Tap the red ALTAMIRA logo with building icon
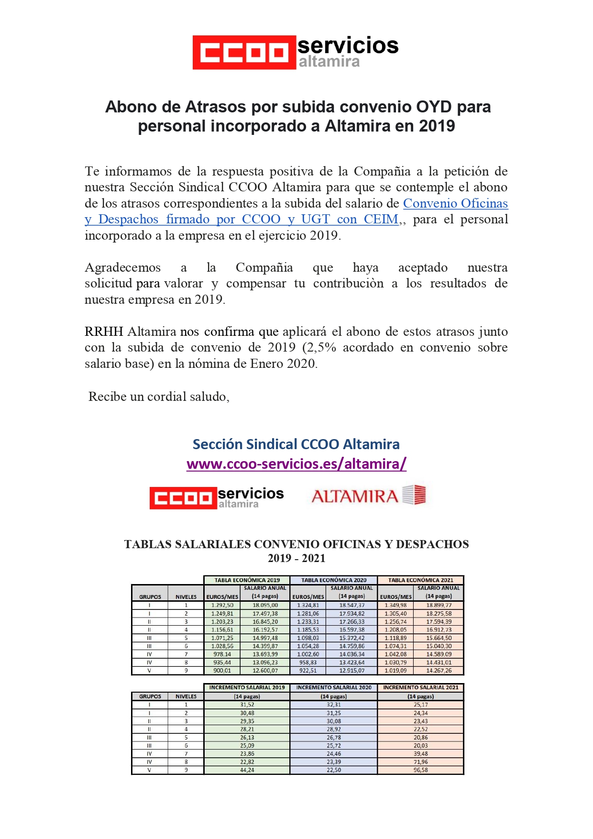[x=368, y=496]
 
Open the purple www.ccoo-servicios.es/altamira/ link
[x=296, y=464]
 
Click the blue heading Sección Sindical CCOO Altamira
[x=296, y=444]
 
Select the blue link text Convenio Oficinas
[x=455, y=203]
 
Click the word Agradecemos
[x=123, y=267]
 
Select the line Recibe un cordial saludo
[x=159, y=397]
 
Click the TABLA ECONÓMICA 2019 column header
[x=247, y=580]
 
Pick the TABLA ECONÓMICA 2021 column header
[x=420, y=580]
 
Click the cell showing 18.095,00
[x=265, y=605]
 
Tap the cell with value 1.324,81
[x=308, y=605]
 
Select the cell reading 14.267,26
[x=439, y=671]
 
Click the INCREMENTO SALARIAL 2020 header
[x=333, y=687]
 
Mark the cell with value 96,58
[x=420, y=770]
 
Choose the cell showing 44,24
[x=247, y=770]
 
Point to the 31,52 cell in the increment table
[x=247, y=705]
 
